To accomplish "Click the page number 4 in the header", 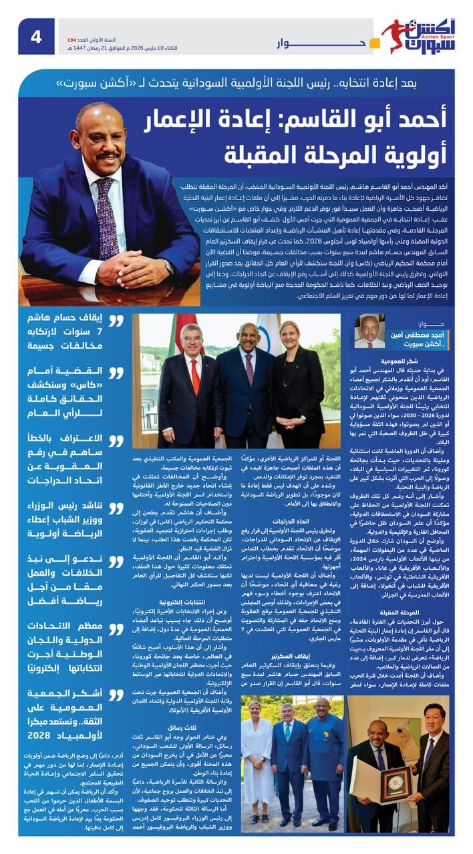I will [x=35, y=37].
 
